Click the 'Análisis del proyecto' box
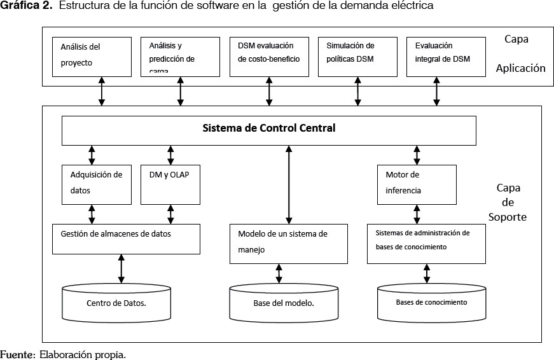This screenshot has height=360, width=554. [92, 55]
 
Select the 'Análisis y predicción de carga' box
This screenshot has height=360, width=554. [180, 55]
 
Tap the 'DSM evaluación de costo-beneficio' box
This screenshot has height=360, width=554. [268, 55]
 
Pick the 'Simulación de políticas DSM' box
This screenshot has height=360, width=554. [357, 55]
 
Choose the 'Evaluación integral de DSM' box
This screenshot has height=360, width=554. [445, 55]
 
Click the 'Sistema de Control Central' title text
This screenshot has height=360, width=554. [268, 128]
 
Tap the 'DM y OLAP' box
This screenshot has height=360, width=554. [170, 184]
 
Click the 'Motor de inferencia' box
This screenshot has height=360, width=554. [417, 184]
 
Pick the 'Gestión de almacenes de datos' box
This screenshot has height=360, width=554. [127, 239]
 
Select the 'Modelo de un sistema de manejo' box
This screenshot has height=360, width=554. [288, 243]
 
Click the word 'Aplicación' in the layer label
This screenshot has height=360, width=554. [520, 68]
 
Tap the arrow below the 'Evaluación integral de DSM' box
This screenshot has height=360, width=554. [436, 93]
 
